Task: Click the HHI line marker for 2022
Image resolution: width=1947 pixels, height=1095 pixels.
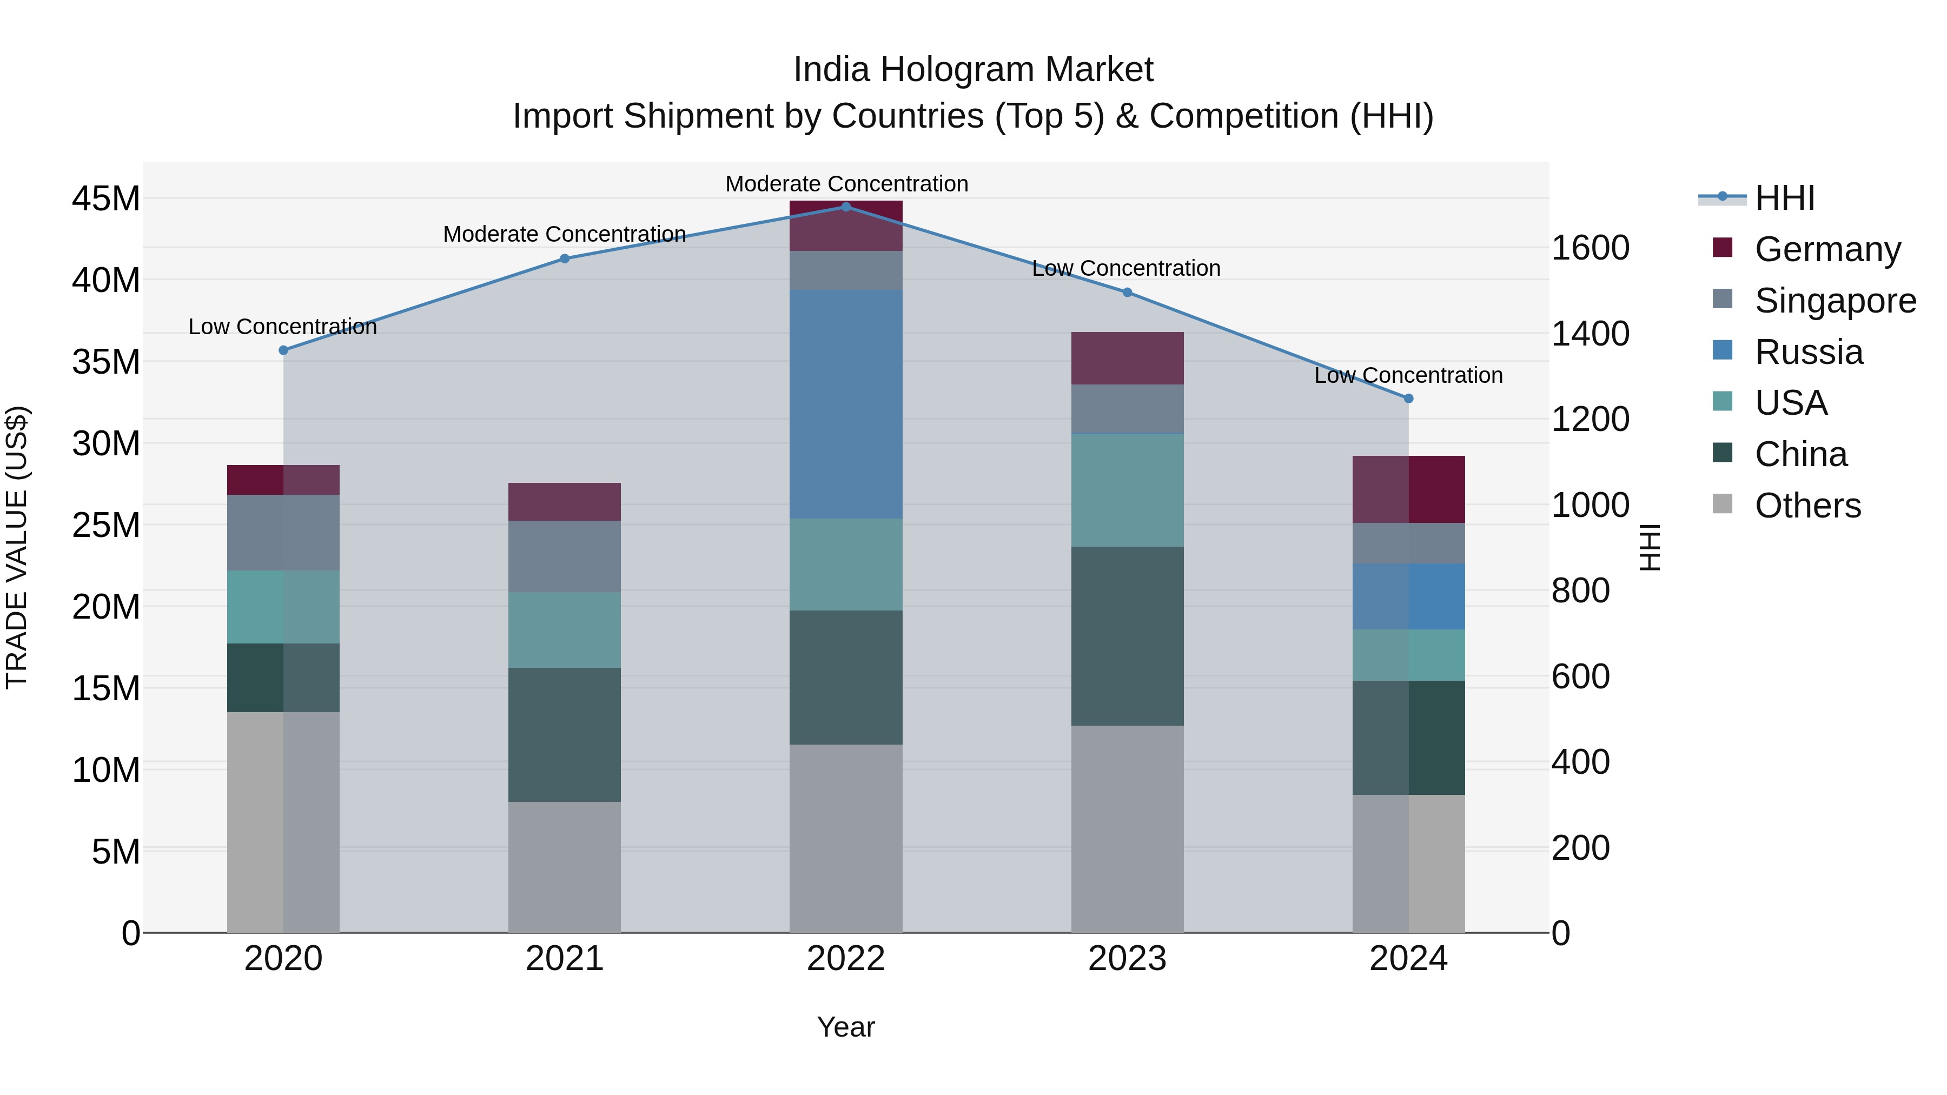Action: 846,207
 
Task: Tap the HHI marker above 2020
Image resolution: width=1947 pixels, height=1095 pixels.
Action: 283,350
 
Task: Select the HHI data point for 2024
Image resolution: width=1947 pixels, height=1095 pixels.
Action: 1408,398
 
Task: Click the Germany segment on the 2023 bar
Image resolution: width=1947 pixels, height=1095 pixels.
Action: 1127,358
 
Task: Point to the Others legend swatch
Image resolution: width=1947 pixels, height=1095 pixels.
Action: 1723,503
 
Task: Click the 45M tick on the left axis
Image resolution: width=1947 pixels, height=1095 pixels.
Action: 106,199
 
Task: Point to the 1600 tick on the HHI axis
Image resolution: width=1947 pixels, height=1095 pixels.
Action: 1590,248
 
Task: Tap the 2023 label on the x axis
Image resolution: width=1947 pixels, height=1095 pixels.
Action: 1127,959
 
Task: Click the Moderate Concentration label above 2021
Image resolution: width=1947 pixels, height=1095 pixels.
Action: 565,234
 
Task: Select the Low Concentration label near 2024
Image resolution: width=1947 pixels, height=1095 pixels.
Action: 1408,376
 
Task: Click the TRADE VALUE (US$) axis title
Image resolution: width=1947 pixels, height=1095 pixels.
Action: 17,547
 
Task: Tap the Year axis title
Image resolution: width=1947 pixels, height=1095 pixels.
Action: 846,1027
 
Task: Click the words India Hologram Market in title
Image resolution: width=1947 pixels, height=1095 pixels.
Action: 973,70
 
